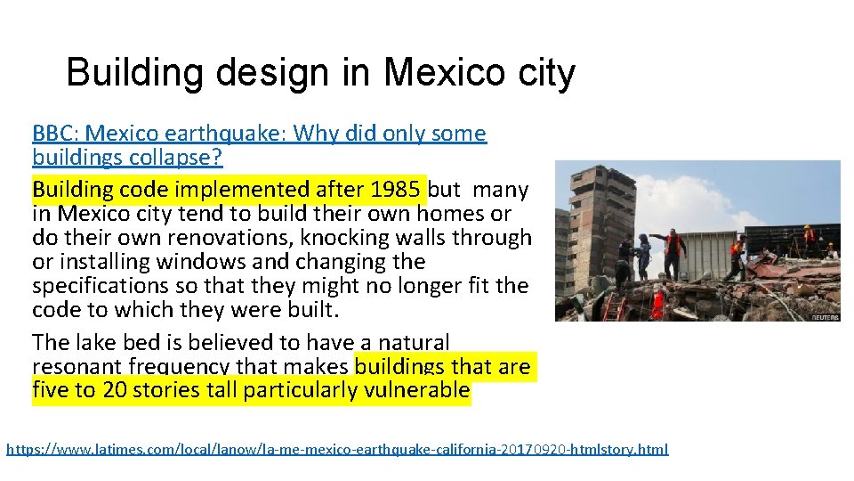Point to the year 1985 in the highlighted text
pyautogui.click(x=398, y=190)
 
